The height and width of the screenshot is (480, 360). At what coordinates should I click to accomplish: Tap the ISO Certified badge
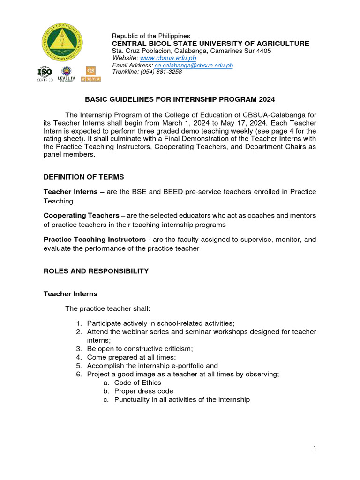45,74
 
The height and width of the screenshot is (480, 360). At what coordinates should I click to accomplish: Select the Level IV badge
66,74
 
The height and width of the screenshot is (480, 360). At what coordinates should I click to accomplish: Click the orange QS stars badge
91,74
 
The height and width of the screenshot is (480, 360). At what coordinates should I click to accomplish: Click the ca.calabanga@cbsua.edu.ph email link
194,65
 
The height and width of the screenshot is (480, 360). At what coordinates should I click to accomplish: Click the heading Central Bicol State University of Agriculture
210,44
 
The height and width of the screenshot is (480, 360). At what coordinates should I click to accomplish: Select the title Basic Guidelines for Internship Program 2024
180,99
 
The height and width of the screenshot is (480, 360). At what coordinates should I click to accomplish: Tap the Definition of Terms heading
84,177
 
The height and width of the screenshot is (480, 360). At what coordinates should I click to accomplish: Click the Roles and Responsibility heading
96,271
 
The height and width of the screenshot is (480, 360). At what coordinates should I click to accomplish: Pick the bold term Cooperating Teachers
81,215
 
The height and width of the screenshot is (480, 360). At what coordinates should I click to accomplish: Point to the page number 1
315,449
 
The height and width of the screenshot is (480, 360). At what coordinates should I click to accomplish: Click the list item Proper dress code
143,391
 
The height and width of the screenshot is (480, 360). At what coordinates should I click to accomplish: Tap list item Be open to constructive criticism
140,349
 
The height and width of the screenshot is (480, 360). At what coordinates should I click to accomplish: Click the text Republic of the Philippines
151,36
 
